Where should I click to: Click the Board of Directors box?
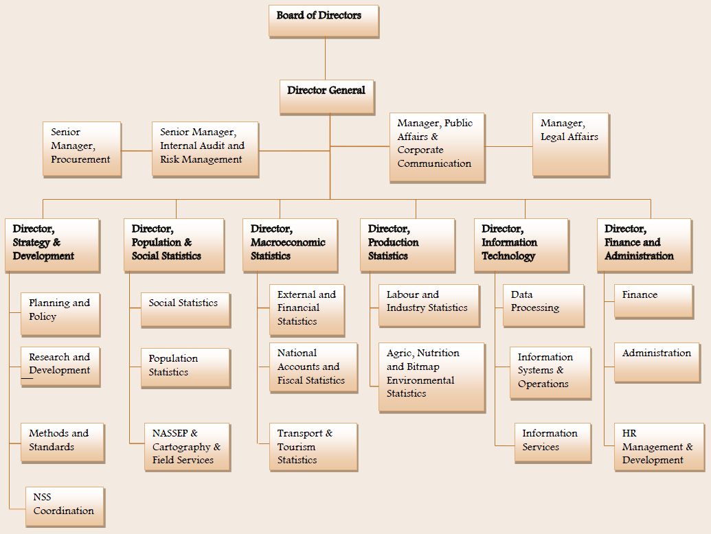(324, 21)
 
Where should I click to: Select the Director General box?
(327, 97)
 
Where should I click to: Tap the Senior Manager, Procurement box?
(82, 149)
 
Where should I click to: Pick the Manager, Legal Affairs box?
(570, 144)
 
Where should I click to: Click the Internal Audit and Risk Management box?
(205, 148)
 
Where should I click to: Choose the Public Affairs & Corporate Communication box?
(437, 148)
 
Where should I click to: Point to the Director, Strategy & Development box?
(52, 245)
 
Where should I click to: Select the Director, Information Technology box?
(521, 245)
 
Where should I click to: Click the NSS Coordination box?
(64, 506)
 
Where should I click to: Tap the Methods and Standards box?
(62, 442)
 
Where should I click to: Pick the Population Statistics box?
(185, 368)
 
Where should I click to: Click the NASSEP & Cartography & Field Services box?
(186, 447)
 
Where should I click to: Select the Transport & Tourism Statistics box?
(313, 447)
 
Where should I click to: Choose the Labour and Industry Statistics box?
(428, 305)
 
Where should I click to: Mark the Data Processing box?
(543, 305)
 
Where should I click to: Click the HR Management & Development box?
(659, 447)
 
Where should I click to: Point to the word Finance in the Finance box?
(640, 294)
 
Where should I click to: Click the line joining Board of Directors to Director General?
(325, 58)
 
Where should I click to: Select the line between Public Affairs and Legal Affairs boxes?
(509, 146)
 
